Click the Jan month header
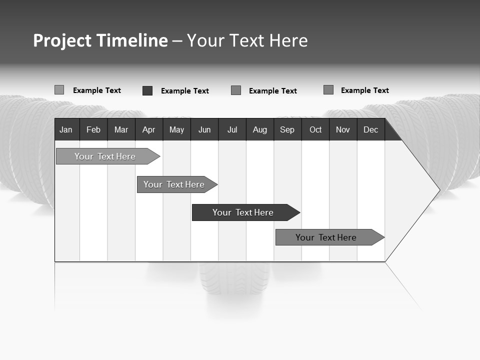(66, 129)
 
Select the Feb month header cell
(93, 129)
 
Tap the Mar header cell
(121, 129)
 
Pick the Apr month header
(149, 129)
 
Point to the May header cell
(176, 129)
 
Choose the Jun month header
(204, 129)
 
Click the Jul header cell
(232, 129)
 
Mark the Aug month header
(260, 129)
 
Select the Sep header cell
(287, 129)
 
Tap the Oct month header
(315, 129)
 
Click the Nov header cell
(343, 129)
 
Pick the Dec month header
(371, 129)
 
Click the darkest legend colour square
(147, 90)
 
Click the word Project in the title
(62, 40)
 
